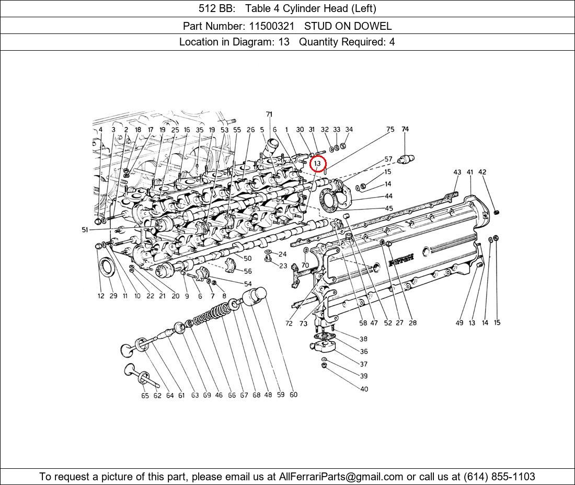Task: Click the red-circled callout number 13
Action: pyautogui.click(x=318, y=164)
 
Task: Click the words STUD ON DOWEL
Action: pyautogui.click(x=348, y=26)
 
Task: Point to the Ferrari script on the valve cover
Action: pyautogui.click(x=401, y=260)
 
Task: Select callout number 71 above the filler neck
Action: pyautogui.click(x=269, y=114)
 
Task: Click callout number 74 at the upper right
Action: pyautogui.click(x=405, y=129)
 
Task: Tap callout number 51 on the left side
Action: pyautogui.click(x=85, y=230)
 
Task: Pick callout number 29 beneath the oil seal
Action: pyautogui.click(x=113, y=296)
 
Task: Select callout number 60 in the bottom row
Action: pyautogui.click(x=293, y=395)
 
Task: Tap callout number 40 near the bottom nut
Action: pyautogui.click(x=364, y=389)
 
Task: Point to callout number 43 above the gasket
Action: pyautogui.click(x=457, y=172)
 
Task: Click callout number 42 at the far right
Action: pyautogui.click(x=482, y=172)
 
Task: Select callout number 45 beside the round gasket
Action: pyautogui.click(x=389, y=208)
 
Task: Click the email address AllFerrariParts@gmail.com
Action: pyautogui.click(x=341, y=477)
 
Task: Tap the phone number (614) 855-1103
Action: pyautogui.click(x=499, y=477)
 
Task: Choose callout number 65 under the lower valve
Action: pyautogui.click(x=145, y=396)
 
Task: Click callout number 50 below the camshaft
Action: pyautogui.click(x=248, y=258)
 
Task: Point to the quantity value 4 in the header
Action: pyautogui.click(x=392, y=42)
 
